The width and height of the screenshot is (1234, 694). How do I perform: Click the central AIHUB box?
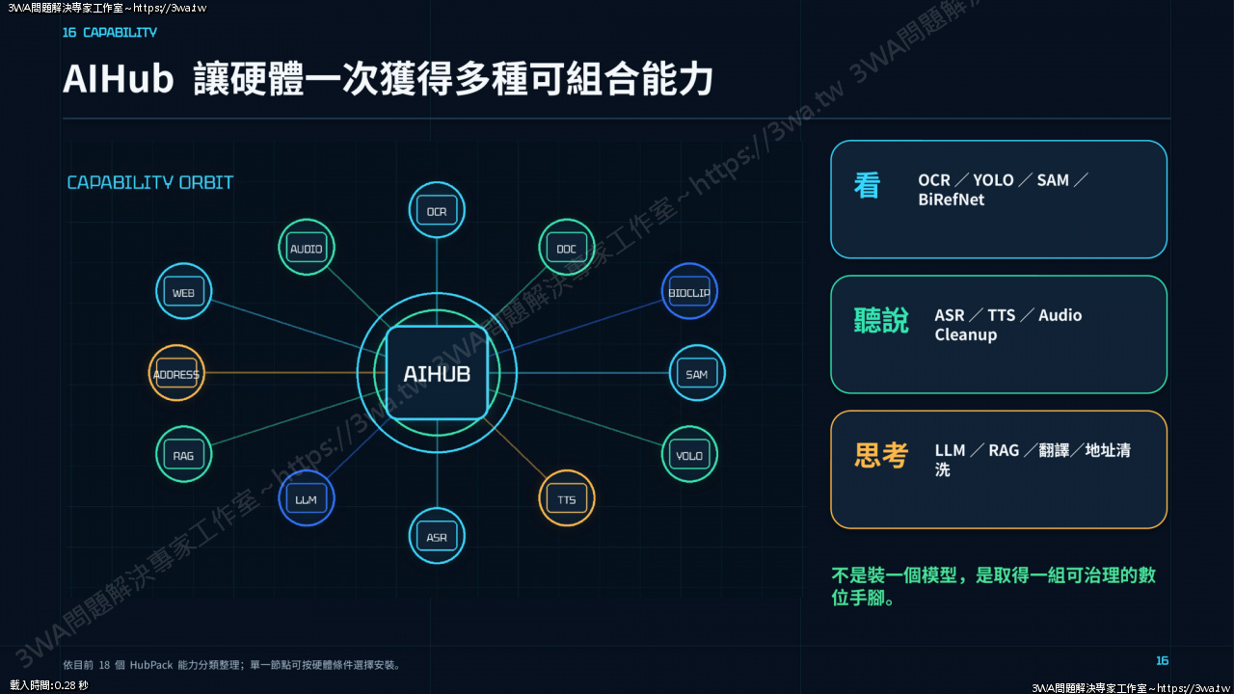click(x=437, y=373)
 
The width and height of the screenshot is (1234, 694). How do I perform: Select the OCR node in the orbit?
click(x=437, y=210)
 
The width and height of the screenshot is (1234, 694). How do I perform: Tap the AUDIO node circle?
click(x=307, y=248)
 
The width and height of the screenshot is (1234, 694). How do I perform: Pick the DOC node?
click(x=566, y=248)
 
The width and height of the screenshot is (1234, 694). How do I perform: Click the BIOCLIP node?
click(x=689, y=291)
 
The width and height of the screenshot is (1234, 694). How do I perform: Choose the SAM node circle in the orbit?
click(x=697, y=373)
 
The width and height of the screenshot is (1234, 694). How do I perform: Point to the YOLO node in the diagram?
click(x=689, y=454)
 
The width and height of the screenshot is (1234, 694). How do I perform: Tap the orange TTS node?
click(x=566, y=498)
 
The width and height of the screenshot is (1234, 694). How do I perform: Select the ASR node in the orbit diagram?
click(x=437, y=536)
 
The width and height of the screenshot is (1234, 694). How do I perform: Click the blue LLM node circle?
click(x=307, y=498)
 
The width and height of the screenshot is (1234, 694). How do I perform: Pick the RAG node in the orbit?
click(x=183, y=454)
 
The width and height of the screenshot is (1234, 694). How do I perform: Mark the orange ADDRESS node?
click(x=176, y=373)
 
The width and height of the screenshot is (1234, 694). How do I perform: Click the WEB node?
click(x=183, y=291)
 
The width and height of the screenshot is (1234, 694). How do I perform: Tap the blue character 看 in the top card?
click(x=867, y=185)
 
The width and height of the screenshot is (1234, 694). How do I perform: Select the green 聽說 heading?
click(x=881, y=321)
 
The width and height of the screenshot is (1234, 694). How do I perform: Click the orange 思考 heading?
click(x=881, y=456)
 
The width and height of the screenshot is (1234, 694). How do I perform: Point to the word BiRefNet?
click(x=951, y=200)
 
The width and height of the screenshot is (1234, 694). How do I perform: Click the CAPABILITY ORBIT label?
click(x=149, y=182)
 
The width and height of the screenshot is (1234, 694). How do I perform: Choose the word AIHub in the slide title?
click(x=118, y=79)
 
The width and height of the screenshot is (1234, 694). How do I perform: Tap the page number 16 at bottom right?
click(x=1162, y=660)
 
